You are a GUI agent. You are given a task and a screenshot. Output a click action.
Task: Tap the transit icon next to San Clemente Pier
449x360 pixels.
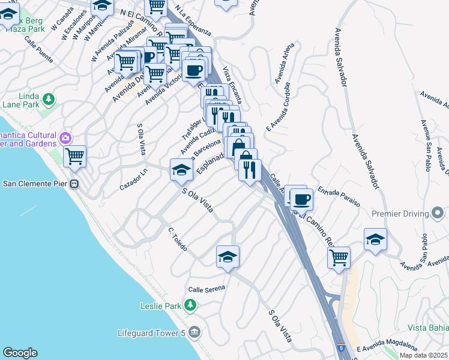point(75,184)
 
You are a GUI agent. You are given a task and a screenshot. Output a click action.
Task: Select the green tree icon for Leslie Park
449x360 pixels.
point(190,306)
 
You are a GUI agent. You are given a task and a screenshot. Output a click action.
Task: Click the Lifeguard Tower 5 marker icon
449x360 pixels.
point(194,332)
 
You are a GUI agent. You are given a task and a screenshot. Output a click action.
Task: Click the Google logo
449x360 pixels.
point(20,353)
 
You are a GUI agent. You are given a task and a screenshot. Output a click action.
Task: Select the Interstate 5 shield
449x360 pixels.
point(341,347)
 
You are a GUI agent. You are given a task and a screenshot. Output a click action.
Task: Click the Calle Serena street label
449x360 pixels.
point(206,289)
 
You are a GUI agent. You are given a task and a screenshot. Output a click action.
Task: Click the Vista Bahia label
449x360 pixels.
point(428,327)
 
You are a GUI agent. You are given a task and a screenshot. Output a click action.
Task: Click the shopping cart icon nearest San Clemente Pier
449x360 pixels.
point(74,157)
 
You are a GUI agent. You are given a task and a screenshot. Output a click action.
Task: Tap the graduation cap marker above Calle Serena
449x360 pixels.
point(228,257)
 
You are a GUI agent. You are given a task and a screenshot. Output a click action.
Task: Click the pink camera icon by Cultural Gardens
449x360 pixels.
point(65,139)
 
